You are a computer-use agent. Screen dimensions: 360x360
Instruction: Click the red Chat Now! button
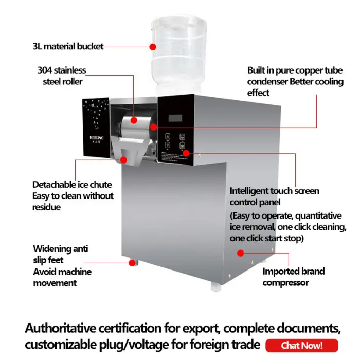302,346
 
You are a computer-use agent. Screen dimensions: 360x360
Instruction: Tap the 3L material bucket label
68,47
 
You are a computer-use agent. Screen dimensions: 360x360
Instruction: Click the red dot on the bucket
153,47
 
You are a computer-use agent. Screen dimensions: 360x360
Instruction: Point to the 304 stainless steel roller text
61,76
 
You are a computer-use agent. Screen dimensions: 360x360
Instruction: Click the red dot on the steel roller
134,120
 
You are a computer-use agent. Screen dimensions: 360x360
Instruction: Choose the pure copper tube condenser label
295,81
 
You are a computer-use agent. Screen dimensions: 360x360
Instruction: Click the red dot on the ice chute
124,160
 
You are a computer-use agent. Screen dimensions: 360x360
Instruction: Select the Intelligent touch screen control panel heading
274,196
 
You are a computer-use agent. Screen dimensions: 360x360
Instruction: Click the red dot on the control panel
186,153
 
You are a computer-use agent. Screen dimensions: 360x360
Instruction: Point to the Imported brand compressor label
294,277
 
